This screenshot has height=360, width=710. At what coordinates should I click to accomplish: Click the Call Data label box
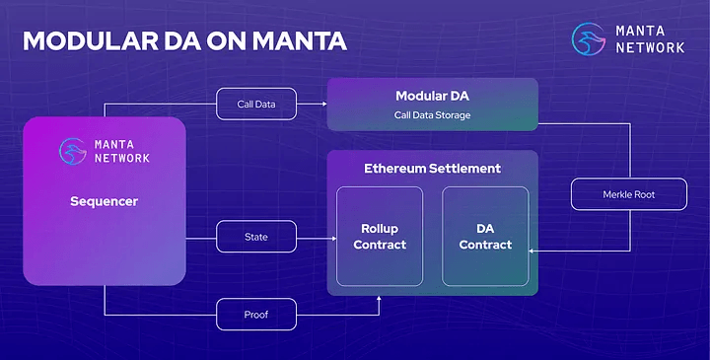[256, 104]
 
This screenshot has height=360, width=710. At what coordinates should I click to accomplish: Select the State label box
[256, 237]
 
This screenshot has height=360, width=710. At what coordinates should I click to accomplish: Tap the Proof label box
[256, 315]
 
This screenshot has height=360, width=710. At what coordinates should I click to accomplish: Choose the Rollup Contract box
[379, 237]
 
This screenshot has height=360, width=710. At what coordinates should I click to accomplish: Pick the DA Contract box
[484, 237]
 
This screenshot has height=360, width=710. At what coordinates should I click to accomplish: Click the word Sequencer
[104, 201]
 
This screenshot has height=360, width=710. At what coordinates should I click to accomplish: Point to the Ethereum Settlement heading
[432, 169]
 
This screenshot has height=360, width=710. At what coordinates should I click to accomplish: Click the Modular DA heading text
[432, 96]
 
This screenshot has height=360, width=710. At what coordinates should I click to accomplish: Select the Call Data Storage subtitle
[432, 115]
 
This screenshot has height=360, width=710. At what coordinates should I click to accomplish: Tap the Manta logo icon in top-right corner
[590, 38]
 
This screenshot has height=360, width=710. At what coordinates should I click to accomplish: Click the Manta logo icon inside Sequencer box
[72, 151]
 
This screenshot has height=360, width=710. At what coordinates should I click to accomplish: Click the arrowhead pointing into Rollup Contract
[332, 237]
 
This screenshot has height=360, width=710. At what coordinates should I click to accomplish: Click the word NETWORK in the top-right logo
[651, 46]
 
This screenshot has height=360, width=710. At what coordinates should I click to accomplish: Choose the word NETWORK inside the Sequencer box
[122, 158]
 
